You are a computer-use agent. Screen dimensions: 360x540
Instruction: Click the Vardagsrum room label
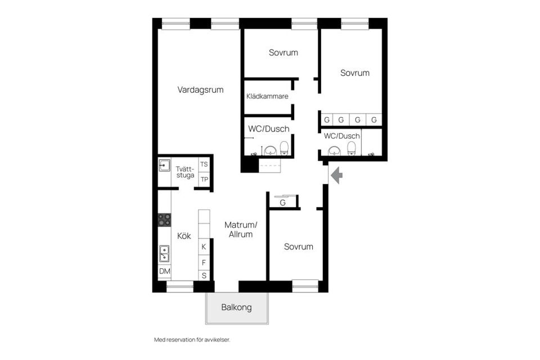pyautogui.click(x=201, y=89)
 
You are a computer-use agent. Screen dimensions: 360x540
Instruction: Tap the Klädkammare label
pyautogui.click(x=267, y=96)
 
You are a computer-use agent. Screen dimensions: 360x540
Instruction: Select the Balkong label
pyautogui.click(x=236, y=308)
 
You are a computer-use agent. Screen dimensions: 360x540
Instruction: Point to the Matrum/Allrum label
pyautogui.click(x=241, y=229)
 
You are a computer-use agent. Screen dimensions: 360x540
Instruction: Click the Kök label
pyautogui.click(x=184, y=236)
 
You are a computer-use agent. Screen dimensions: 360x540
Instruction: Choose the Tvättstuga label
pyautogui.click(x=184, y=172)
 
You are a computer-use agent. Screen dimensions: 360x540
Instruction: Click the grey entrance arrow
pyautogui.click(x=337, y=176)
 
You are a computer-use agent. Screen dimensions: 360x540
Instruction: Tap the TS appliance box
pyautogui.click(x=204, y=164)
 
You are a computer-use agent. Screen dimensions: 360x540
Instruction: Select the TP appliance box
pyautogui.click(x=204, y=179)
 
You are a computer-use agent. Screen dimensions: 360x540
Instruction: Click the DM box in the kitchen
pyautogui.click(x=164, y=272)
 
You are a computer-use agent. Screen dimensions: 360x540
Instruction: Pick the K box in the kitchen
pyautogui.click(x=204, y=247)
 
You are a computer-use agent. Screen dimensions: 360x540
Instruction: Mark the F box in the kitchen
pyautogui.click(x=204, y=262)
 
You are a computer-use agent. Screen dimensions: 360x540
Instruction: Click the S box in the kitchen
pyautogui.click(x=204, y=276)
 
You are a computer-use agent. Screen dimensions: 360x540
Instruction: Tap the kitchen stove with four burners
pyautogui.click(x=164, y=219)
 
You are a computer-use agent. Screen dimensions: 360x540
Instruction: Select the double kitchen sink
pyautogui.click(x=164, y=254)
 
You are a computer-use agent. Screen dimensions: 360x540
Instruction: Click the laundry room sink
pyautogui.click(x=164, y=165)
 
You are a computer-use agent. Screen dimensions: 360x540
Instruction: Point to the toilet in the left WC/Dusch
pyautogui.click(x=285, y=148)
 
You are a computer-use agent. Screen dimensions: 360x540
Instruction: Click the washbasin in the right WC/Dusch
pyautogui.click(x=335, y=151)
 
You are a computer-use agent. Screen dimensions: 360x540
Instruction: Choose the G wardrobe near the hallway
pyautogui.click(x=283, y=202)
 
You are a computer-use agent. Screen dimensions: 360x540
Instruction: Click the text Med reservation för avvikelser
pyautogui.click(x=192, y=340)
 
